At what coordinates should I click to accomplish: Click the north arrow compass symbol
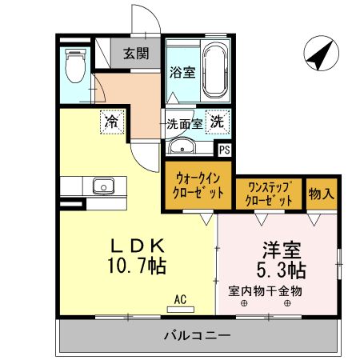(320, 54)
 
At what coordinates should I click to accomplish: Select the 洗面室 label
(183, 124)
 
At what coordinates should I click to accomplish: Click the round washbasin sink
(182, 146)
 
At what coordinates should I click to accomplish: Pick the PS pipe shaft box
(225, 149)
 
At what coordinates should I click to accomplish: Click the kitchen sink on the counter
(103, 186)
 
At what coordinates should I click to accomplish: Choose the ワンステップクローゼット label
(269, 193)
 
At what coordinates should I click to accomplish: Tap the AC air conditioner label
(180, 299)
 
